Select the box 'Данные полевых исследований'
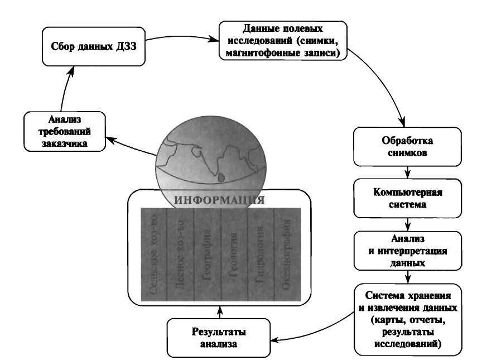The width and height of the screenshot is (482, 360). (283, 40)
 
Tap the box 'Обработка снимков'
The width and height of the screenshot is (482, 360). (408, 146)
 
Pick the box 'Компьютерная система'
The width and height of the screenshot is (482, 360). (408, 198)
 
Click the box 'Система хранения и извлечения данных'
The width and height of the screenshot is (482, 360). (408, 319)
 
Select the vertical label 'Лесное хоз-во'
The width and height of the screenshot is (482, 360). (180, 255)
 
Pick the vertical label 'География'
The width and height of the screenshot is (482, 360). (206, 255)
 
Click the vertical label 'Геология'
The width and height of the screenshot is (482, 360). (233, 255)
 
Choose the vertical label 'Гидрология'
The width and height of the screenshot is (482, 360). (260, 255)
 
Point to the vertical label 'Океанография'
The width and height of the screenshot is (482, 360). (287, 255)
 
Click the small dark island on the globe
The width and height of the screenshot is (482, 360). (222, 177)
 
